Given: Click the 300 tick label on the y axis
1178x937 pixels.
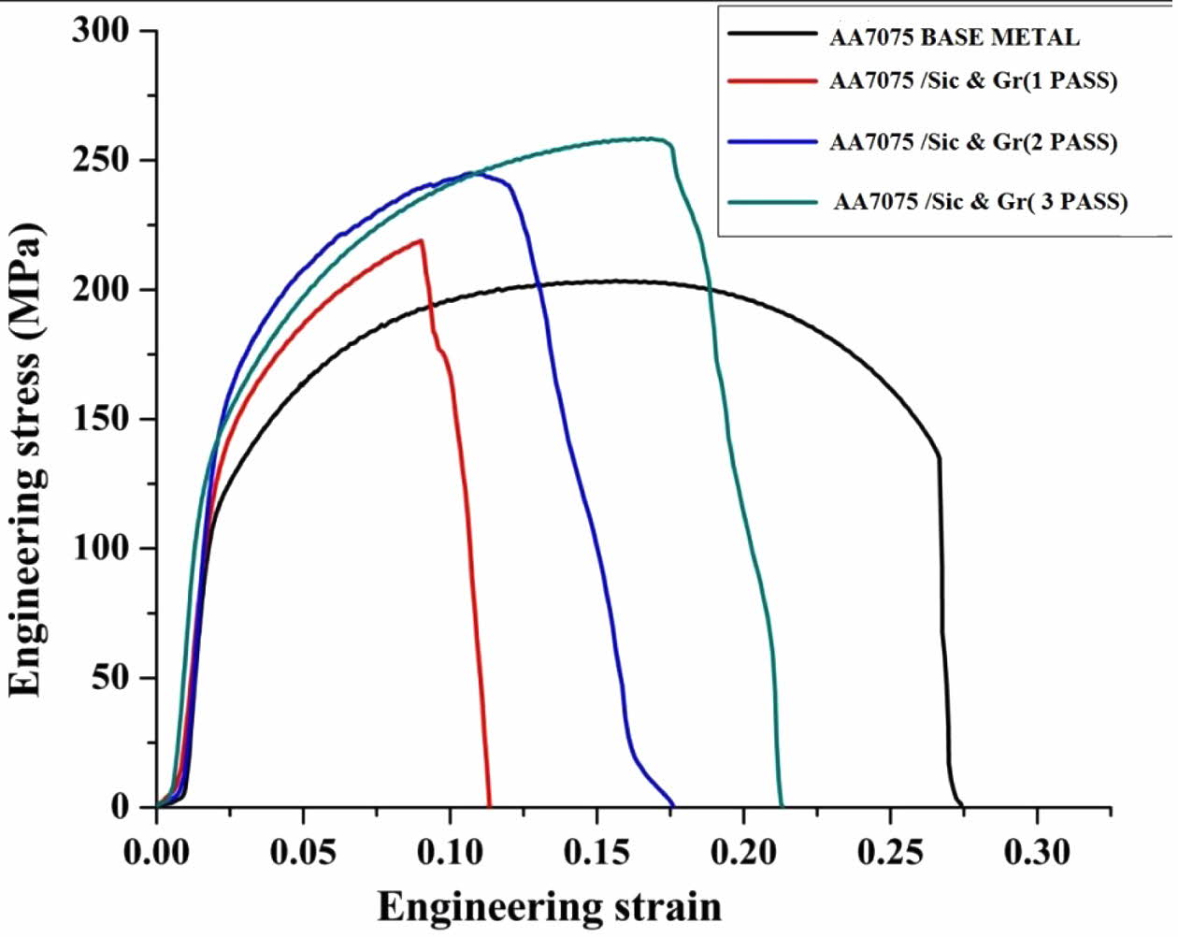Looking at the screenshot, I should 101,31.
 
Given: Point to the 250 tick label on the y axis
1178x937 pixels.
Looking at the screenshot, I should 101,161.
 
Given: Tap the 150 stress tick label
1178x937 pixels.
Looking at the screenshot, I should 101,419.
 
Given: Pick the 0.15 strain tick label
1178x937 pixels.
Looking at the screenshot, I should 596,852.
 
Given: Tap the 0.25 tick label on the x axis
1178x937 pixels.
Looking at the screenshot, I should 890,852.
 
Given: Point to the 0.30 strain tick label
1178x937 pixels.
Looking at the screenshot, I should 1037,852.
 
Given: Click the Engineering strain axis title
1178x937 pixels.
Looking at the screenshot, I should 550,906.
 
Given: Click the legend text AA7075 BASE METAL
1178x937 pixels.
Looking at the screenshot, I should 954,37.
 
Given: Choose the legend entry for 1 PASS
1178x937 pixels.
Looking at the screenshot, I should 973,80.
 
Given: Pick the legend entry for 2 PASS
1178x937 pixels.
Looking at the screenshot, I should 973,142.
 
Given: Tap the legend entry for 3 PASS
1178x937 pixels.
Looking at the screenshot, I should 980,201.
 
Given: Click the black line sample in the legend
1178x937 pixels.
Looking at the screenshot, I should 772,34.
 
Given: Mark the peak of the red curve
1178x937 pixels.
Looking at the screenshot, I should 422,240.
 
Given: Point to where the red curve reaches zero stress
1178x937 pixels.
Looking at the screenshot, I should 489,804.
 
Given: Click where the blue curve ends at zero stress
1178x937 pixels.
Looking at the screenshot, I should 672,804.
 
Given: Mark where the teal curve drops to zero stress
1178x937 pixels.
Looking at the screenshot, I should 782,804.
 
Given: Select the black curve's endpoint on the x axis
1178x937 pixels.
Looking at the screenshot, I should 962,804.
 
